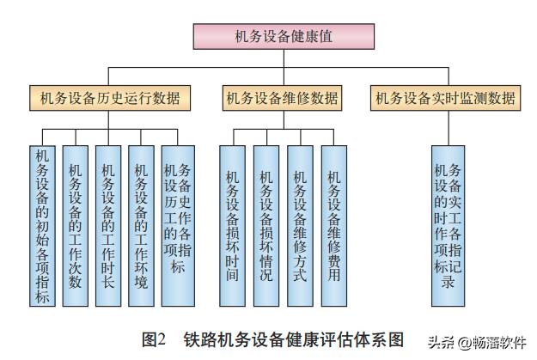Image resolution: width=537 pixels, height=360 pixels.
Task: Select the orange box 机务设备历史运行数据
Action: tap(110, 98)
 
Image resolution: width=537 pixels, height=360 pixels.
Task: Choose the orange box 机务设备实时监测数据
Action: tap(446, 98)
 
